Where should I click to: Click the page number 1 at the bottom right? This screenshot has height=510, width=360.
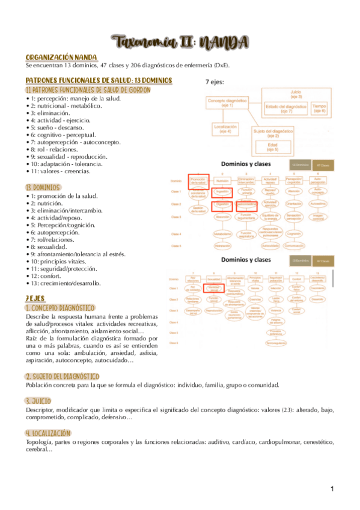point(331,488)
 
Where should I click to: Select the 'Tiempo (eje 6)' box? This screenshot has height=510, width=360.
point(319,108)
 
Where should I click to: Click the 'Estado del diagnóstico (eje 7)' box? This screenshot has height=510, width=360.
point(287,108)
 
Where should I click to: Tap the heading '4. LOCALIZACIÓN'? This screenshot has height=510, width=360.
point(49,433)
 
